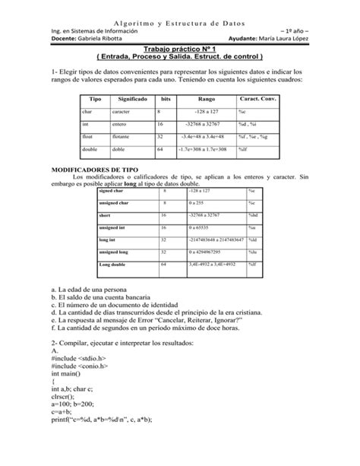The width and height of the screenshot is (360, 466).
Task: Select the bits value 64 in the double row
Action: tap(160, 149)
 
